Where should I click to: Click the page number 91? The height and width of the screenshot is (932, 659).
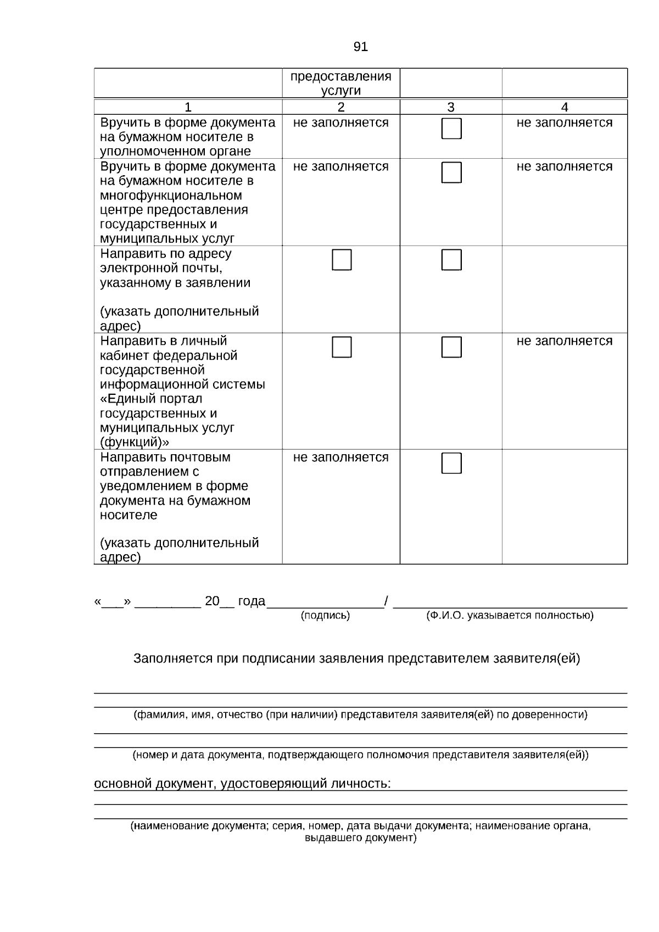click(x=360, y=47)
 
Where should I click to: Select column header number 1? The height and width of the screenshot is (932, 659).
click(x=188, y=107)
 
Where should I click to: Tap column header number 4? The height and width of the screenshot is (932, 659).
click(x=565, y=107)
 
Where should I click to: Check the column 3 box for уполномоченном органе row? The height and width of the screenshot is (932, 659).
click(x=451, y=129)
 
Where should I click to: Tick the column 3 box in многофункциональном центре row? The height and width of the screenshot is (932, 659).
click(x=451, y=172)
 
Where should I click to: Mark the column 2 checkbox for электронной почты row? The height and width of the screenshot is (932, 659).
click(x=342, y=260)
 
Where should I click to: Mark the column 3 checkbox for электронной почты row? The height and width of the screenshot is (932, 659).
click(x=451, y=260)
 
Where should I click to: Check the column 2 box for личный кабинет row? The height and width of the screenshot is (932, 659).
click(x=342, y=347)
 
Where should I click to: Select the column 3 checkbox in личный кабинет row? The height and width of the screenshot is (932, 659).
click(x=451, y=347)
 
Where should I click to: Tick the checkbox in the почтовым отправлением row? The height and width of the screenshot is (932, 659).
click(x=451, y=464)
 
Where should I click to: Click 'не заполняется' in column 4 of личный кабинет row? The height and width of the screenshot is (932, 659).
click(x=564, y=341)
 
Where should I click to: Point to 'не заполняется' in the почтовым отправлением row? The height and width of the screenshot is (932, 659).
click(x=340, y=457)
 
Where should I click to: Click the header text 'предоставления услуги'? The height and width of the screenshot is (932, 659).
click(x=340, y=83)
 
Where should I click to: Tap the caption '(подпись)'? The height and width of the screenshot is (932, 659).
click(x=325, y=616)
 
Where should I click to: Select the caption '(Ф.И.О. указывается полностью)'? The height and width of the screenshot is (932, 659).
click(x=510, y=616)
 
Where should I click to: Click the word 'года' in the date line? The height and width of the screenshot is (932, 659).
click(x=252, y=601)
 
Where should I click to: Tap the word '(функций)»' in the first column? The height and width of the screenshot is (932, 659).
click(x=134, y=442)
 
